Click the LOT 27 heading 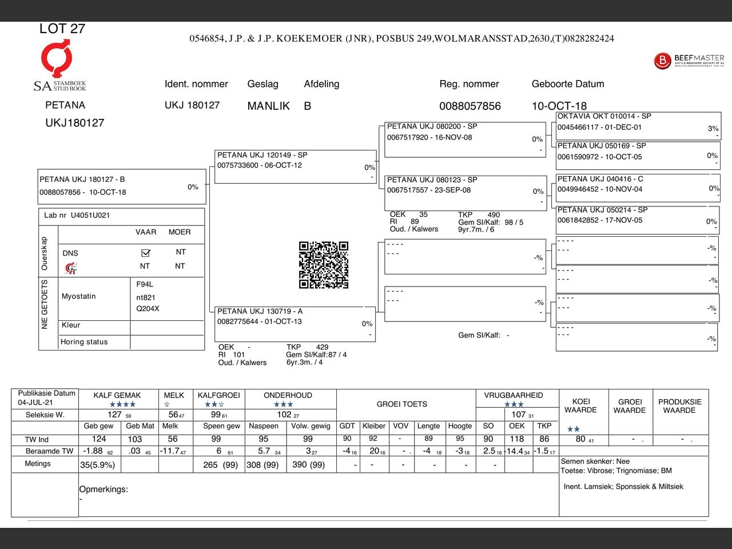(62, 29)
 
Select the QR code (324, 265)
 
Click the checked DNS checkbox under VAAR (145, 253)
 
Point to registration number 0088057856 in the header (470, 106)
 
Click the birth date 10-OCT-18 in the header (559, 106)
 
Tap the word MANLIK (268, 106)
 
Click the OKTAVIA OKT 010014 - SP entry (604, 116)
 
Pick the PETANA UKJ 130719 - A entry (260, 312)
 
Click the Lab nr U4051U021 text (77, 216)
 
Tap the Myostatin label (78, 296)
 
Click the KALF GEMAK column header (117, 395)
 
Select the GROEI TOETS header (401, 404)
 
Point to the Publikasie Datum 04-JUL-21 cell (46, 398)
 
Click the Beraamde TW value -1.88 (93, 451)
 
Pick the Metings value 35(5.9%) (97, 465)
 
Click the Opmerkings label (104, 490)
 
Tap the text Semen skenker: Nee (595, 461)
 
